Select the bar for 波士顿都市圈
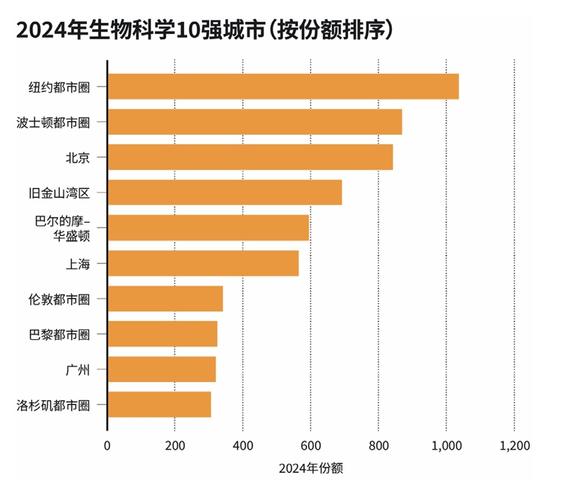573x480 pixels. coord(255,122)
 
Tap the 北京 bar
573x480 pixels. coord(250,157)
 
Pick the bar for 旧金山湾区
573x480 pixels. coord(224,192)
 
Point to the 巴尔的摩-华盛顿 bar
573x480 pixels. coord(208,228)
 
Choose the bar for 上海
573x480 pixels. coord(202,264)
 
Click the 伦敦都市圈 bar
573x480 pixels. coord(165,299)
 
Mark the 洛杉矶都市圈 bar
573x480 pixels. coord(159,405)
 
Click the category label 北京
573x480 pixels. coord(77,157)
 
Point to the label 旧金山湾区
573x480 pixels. coord(61,192)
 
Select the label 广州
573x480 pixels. coord(77,369)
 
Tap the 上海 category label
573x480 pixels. coord(77,264)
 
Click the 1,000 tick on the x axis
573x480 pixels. coord(446,446)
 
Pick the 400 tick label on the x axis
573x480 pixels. coord(243,446)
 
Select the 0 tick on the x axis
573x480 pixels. coord(107,446)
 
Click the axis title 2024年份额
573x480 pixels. coord(311,469)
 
